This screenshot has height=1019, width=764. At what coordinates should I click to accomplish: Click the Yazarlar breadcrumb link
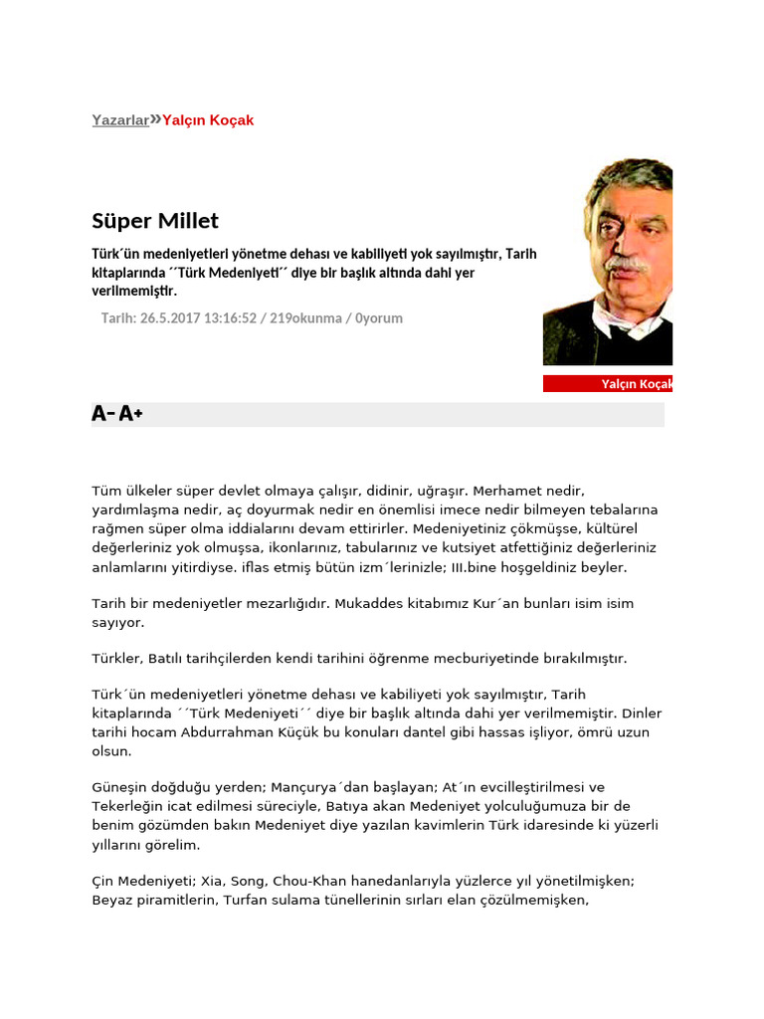120,120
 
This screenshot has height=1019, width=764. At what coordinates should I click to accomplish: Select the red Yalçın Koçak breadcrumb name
208,120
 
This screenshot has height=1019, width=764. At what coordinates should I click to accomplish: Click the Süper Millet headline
155,220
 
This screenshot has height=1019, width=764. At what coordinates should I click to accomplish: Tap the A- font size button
102,414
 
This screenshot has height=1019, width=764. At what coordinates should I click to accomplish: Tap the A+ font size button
131,414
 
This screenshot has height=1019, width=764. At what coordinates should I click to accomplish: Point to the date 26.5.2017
170,318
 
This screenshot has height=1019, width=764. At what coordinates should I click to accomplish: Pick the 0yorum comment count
378,318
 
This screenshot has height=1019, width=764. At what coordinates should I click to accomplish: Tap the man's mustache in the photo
627,264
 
